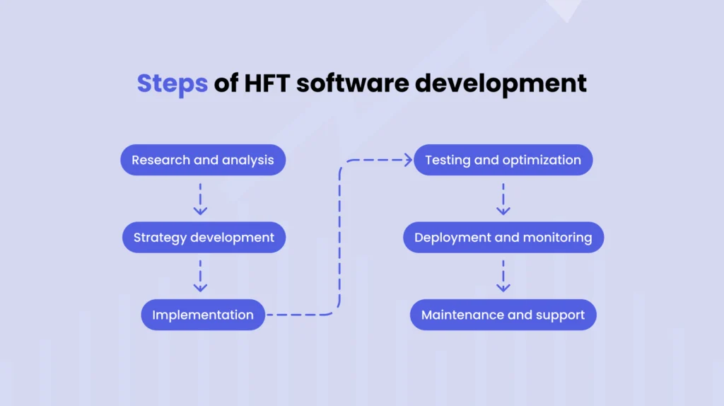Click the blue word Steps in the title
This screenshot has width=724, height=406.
pyautogui.click(x=172, y=83)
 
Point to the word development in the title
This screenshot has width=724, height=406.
pyautogui.click(x=501, y=83)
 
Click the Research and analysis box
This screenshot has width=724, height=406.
pyautogui.click(x=202, y=160)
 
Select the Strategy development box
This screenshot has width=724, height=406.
pyautogui.click(x=204, y=238)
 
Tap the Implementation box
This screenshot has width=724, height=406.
pyautogui.click(x=203, y=315)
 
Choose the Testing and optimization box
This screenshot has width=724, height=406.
pyautogui.click(x=503, y=160)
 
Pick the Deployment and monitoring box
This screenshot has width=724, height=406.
pyautogui.click(x=503, y=238)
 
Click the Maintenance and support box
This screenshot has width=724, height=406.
pyautogui.click(x=503, y=315)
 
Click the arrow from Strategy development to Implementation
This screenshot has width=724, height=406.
pyautogui.click(x=200, y=276)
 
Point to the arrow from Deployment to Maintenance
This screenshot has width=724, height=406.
pyautogui.click(x=503, y=276)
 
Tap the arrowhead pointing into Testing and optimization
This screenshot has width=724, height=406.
pyautogui.click(x=407, y=160)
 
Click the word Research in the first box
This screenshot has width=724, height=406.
pyautogui.click(x=160, y=160)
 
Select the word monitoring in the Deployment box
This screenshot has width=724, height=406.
pyautogui.click(x=557, y=238)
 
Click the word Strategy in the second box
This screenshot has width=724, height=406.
pyautogui.click(x=156, y=238)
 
